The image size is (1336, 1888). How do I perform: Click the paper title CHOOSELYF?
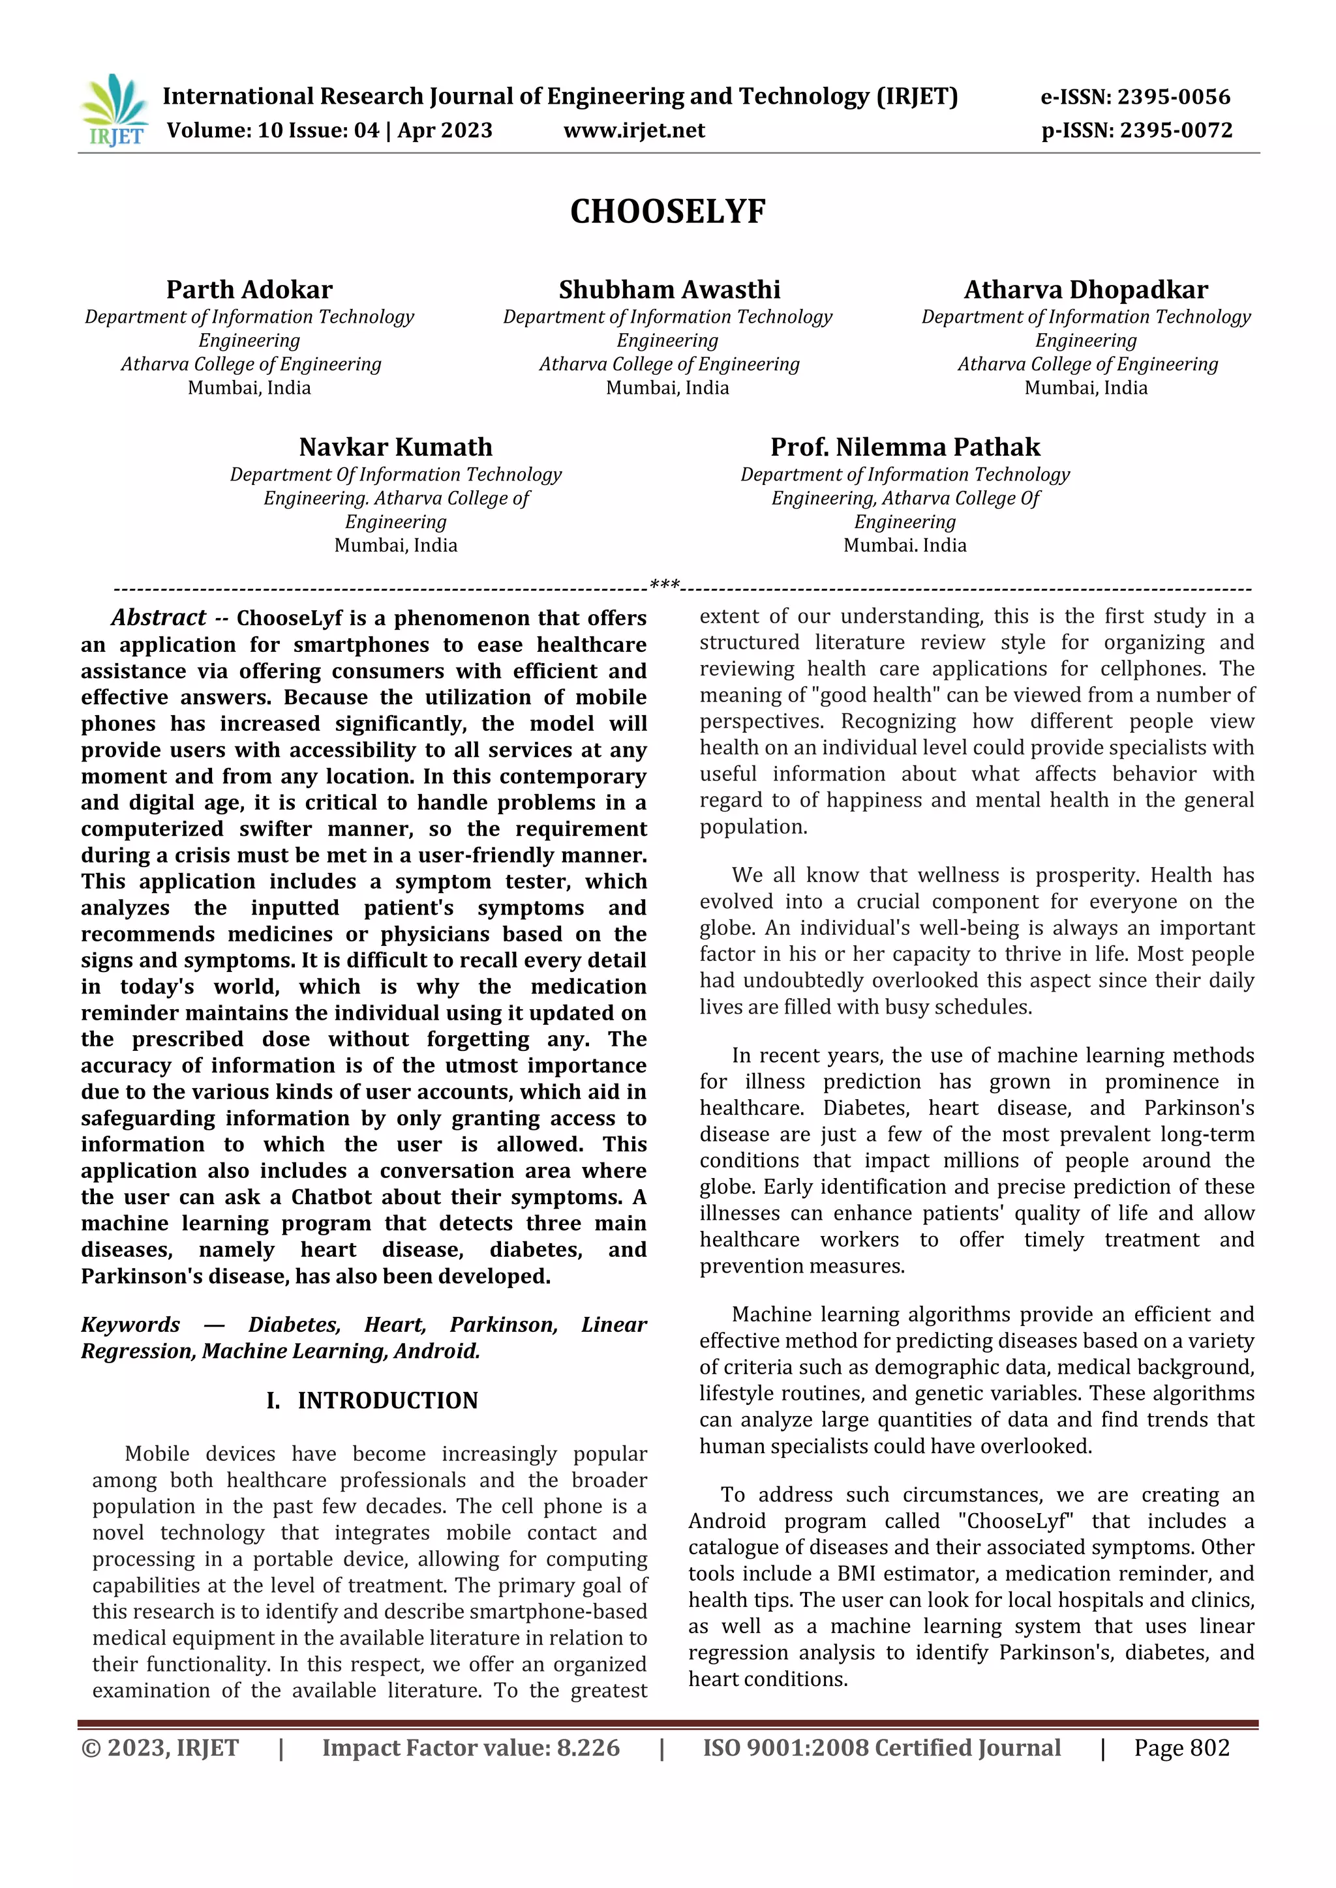667,212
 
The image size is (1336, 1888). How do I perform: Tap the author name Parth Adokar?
249,289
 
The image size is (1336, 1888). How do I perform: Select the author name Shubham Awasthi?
669,289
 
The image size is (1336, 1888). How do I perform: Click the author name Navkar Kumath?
396,447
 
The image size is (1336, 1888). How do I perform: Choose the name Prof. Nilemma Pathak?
905,447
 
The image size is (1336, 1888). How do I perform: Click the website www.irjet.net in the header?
634,131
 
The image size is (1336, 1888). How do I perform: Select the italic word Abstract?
158,617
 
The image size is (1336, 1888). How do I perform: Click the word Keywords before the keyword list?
130,1325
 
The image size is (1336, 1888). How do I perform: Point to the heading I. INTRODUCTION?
372,1400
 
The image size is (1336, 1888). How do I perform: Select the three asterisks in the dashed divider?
665,585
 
